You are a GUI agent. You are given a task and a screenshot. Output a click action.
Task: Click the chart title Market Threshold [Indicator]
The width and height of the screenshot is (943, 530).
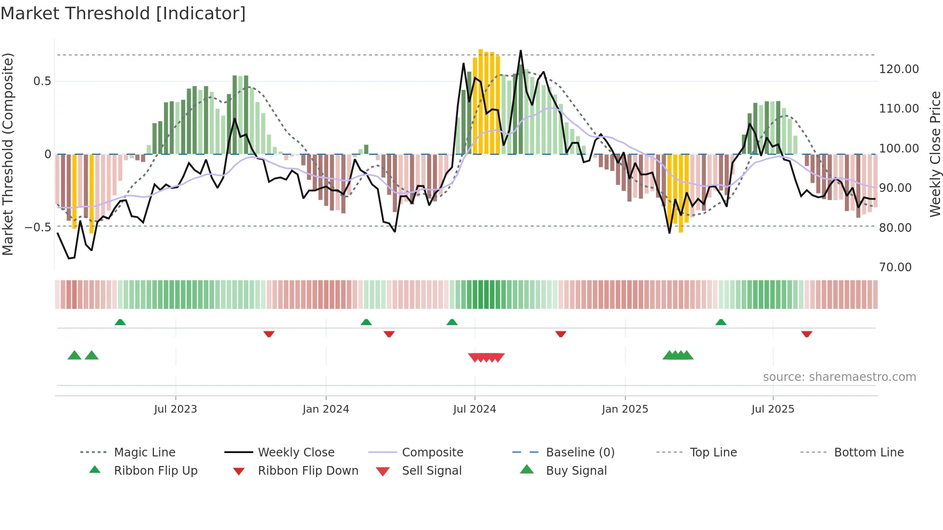pyautogui.click(x=123, y=13)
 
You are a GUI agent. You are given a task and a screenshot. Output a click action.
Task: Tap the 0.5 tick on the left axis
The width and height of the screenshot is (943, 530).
pyautogui.click(x=42, y=81)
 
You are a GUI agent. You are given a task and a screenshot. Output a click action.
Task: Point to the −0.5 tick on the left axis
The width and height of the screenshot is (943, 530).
pyautogui.click(x=38, y=227)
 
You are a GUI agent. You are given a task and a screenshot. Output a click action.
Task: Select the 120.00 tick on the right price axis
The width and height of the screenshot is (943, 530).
pyautogui.click(x=899, y=69)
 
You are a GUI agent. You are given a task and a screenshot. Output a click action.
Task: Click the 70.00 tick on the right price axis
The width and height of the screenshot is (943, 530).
pyautogui.click(x=895, y=267)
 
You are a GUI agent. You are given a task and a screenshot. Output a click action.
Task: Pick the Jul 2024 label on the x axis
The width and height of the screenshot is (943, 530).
pyautogui.click(x=474, y=409)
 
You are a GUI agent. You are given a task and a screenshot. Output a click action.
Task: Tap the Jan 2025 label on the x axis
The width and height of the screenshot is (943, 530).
pyautogui.click(x=625, y=409)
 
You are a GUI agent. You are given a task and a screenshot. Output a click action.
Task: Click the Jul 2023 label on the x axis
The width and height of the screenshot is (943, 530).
pyautogui.click(x=176, y=409)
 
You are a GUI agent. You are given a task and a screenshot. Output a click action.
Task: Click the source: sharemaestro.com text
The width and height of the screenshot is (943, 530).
pyautogui.click(x=840, y=377)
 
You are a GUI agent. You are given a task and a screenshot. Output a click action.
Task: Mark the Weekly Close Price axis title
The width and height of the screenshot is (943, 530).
pyautogui.click(x=935, y=154)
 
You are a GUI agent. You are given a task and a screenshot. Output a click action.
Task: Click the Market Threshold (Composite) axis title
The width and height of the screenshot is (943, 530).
pyautogui.click(x=8, y=154)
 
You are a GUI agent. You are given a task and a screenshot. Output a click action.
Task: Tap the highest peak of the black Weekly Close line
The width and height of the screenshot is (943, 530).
pyautogui.click(x=521, y=51)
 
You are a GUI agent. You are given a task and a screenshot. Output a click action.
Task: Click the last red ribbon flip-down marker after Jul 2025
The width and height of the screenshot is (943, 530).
pyautogui.click(x=807, y=334)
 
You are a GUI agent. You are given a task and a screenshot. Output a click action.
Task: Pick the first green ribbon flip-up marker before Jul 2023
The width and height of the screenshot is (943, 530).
pyautogui.click(x=120, y=322)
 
